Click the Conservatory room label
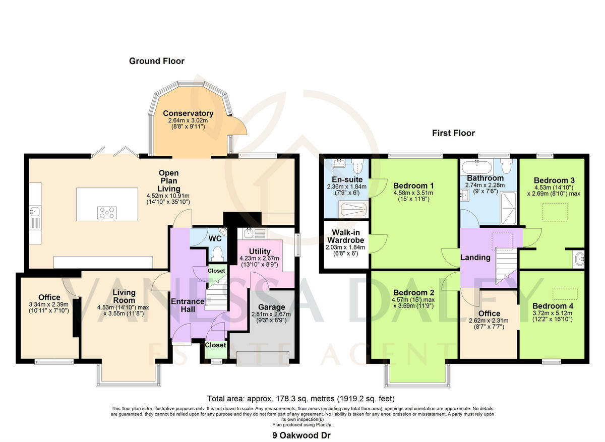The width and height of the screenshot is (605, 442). pyautogui.click(x=188, y=113)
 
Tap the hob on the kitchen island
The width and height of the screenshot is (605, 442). pyautogui.click(x=106, y=213)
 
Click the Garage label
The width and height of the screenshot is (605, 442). pyautogui.click(x=272, y=307)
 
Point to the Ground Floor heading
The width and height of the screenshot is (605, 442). pyautogui.click(x=157, y=61)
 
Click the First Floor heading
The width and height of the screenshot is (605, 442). pyautogui.click(x=453, y=133)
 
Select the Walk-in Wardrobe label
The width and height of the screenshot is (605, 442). pyautogui.click(x=345, y=236)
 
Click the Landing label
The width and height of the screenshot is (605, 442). pyautogui.click(x=475, y=258)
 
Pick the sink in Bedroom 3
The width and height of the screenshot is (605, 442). pyautogui.click(x=579, y=260)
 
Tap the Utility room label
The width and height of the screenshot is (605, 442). pyautogui.click(x=260, y=251)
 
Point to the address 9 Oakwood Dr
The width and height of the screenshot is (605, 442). pyautogui.click(x=302, y=434)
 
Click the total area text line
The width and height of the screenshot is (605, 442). pyautogui.click(x=302, y=398)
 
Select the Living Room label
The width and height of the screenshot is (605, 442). pyautogui.click(x=124, y=292)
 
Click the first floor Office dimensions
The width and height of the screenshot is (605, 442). pyautogui.click(x=489, y=323)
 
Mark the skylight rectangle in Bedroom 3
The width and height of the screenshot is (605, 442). pyautogui.click(x=554, y=209)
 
